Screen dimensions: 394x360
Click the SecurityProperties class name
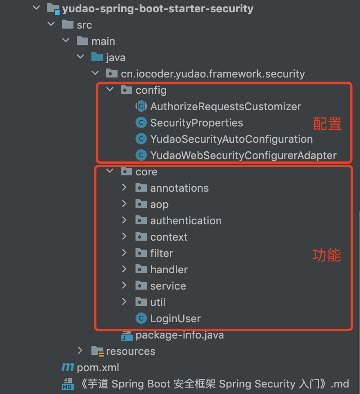click(196, 123)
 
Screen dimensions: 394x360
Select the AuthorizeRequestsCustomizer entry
click(225, 106)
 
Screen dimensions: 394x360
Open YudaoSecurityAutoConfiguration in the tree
click(231, 139)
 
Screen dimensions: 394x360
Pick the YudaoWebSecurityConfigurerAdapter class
click(243, 155)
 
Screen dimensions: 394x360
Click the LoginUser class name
click(176, 319)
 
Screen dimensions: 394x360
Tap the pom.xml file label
click(98, 367)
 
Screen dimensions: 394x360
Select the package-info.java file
click(180, 335)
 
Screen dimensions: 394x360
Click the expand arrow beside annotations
click(124, 188)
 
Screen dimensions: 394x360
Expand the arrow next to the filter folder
click(124, 253)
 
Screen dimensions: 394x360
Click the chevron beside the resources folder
click(80, 351)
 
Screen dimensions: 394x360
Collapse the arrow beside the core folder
click(110, 171)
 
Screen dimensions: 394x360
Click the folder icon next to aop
click(141, 204)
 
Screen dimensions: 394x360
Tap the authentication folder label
click(186, 221)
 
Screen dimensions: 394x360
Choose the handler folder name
click(169, 270)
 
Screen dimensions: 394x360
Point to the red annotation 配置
click(327, 124)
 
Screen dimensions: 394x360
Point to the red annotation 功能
click(327, 255)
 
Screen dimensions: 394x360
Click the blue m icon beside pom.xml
click(67, 367)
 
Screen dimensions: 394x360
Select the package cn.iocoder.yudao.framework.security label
click(213, 74)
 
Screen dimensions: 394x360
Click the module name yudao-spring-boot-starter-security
click(158, 8)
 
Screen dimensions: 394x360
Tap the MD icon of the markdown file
click(68, 384)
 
